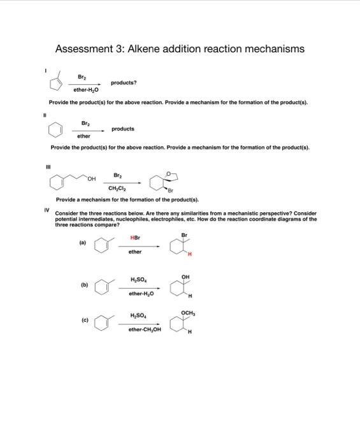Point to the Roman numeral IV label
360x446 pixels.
point(46,209)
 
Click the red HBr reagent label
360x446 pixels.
point(135,238)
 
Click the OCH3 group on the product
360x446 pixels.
point(188,312)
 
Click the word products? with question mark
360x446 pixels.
point(124,83)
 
